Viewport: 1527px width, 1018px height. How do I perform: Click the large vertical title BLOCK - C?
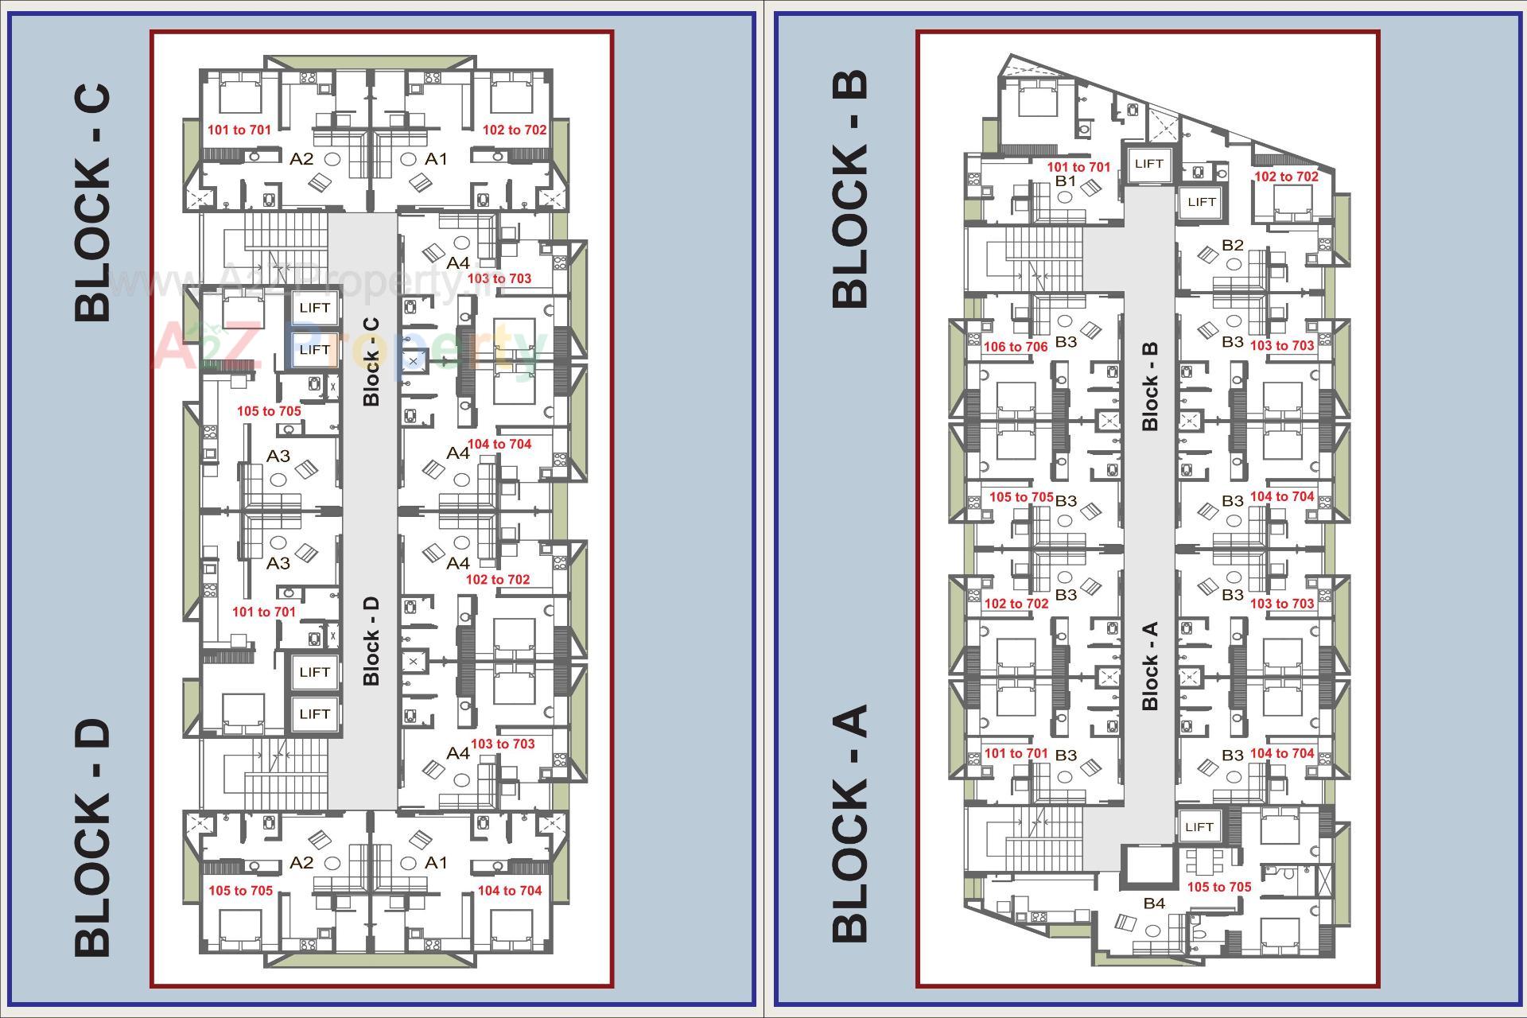tap(93, 203)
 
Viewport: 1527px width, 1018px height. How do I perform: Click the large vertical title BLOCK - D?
tap(93, 838)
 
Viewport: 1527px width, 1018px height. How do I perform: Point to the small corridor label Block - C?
tap(371, 362)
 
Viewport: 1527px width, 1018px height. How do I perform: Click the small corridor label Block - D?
tap(371, 641)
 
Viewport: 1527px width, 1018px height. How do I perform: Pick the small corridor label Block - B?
tap(1149, 387)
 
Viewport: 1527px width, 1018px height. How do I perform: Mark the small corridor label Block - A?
tap(1149, 666)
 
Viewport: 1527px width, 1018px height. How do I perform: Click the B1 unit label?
tap(1065, 181)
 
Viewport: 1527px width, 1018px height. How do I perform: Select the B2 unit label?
tap(1232, 245)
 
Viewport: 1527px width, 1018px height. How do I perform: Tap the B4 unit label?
tap(1154, 903)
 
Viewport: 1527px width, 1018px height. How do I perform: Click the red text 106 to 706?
tap(1016, 347)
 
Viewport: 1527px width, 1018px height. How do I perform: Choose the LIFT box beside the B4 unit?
tap(1199, 827)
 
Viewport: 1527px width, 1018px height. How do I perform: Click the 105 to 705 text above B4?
tap(1218, 887)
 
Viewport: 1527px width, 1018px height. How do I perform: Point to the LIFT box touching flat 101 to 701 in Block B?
tap(1148, 164)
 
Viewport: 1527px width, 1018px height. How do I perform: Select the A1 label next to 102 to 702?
tap(436, 159)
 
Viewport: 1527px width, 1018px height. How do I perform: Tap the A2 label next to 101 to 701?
tap(301, 159)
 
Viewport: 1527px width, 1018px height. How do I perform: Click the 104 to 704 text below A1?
tap(509, 891)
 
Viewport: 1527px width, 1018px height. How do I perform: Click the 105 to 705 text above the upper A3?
tap(269, 411)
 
